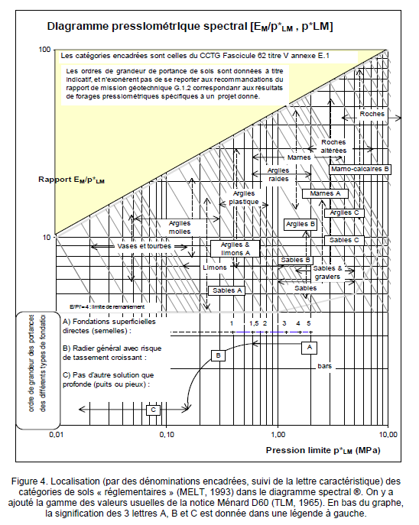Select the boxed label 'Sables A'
227,290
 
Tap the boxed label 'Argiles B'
300,224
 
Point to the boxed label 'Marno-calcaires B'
361,168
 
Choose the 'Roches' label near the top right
372,114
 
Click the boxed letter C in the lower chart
154,410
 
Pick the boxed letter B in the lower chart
218,355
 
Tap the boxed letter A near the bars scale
310,346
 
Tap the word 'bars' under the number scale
324,367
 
